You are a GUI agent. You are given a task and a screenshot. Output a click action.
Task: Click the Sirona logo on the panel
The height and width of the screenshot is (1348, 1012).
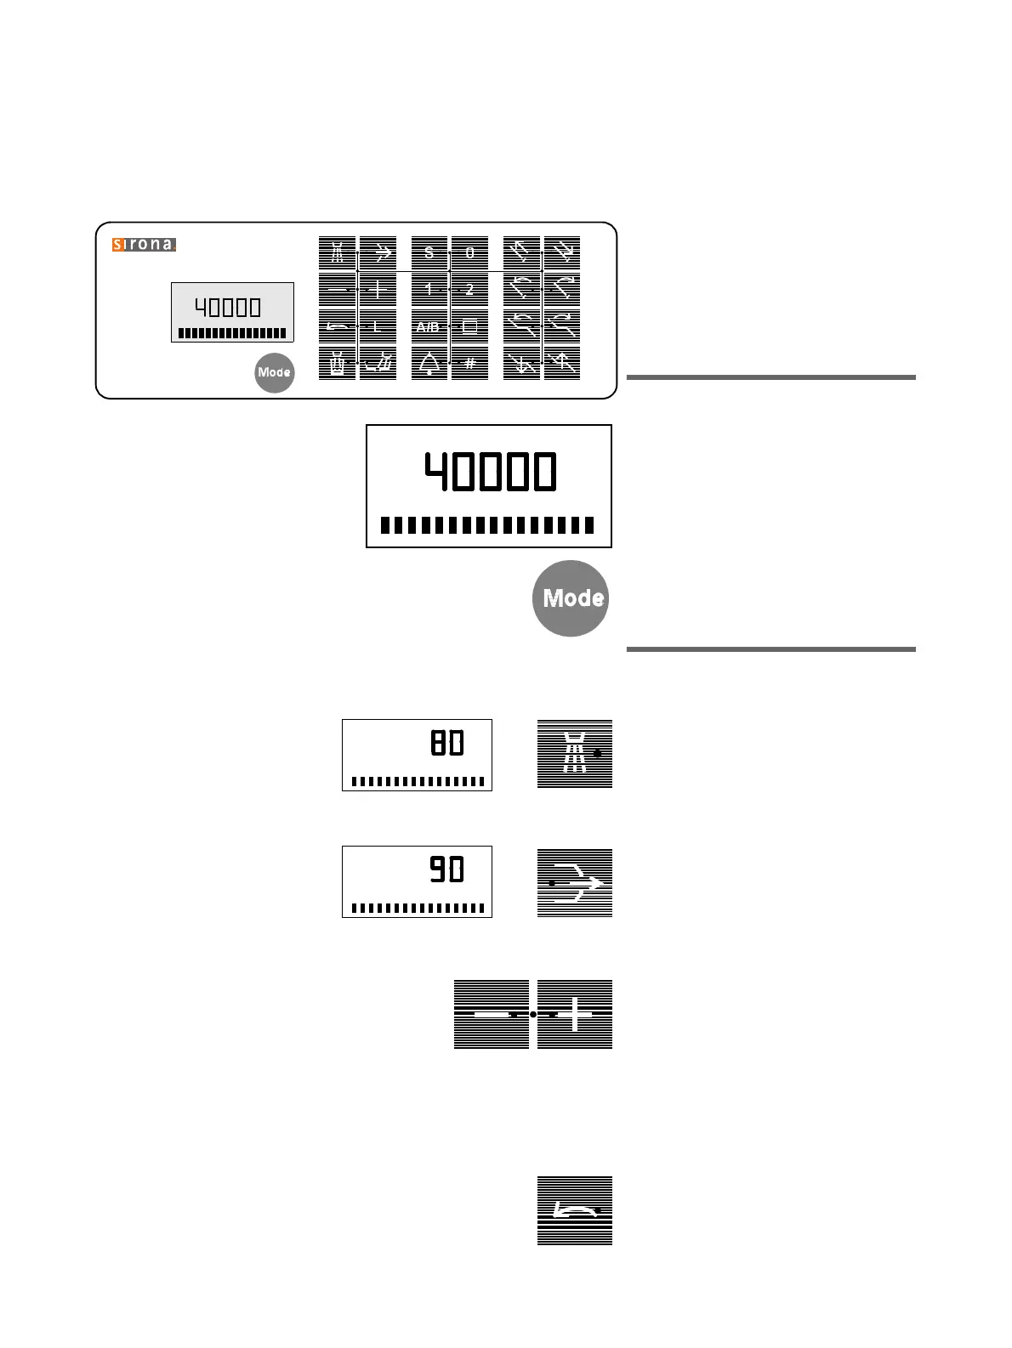point(144,245)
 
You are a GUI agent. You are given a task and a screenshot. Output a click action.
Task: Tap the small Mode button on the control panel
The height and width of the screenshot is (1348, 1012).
point(274,372)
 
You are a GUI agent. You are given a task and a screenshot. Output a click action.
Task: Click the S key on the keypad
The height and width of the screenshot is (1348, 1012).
point(429,253)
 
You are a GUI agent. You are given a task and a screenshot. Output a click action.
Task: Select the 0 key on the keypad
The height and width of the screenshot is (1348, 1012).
point(469,253)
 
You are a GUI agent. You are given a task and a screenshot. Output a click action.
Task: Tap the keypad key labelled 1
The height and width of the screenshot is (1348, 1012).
point(429,290)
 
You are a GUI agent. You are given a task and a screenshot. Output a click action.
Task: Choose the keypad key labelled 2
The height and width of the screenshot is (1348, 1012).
point(469,290)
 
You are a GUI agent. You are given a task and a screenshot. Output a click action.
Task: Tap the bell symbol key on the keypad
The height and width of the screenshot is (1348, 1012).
point(429,364)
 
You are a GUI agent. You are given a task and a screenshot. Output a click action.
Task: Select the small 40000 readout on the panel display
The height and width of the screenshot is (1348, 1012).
point(228,307)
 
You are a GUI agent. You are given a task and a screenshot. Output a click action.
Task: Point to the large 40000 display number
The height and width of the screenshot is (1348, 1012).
point(490,473)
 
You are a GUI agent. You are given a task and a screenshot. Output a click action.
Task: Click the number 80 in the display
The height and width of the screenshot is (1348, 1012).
point(447,744)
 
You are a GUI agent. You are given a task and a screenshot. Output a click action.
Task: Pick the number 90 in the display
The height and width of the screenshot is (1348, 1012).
point(447,870)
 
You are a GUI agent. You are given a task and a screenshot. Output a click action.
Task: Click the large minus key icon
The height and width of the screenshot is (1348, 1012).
point(491,1014)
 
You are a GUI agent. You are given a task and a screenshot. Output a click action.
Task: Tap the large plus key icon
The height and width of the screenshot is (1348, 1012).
point(575,1014)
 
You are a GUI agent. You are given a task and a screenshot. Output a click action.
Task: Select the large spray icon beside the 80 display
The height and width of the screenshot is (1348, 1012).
point(575,754)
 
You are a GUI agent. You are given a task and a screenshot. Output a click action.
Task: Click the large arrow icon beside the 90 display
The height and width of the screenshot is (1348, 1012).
point(575,883)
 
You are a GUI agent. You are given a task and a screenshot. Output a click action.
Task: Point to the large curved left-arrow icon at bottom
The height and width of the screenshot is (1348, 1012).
point(575,1211)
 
